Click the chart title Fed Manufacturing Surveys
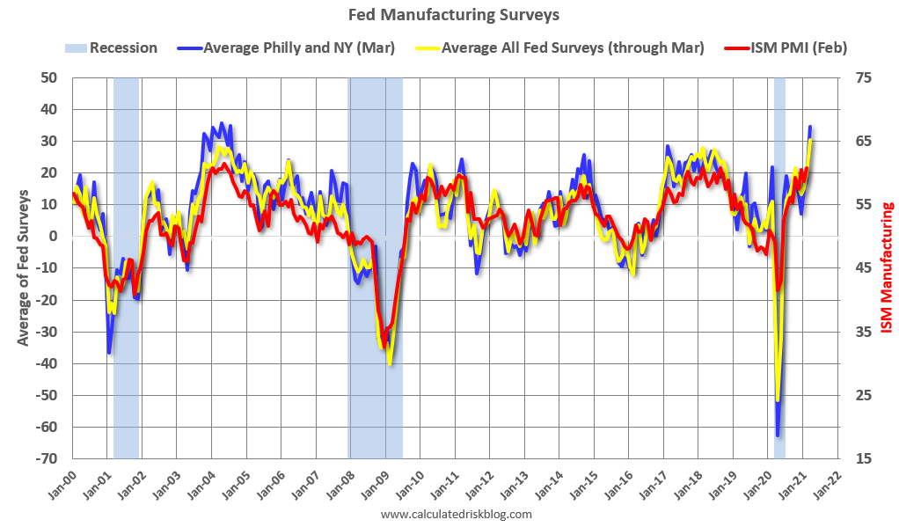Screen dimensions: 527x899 pyautogui.click(x=453, y=15)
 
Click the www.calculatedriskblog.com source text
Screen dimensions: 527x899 pyautogui.click(x=457, y=514)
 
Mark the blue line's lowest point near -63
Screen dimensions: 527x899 pyautogui.click(x=778, y=435)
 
